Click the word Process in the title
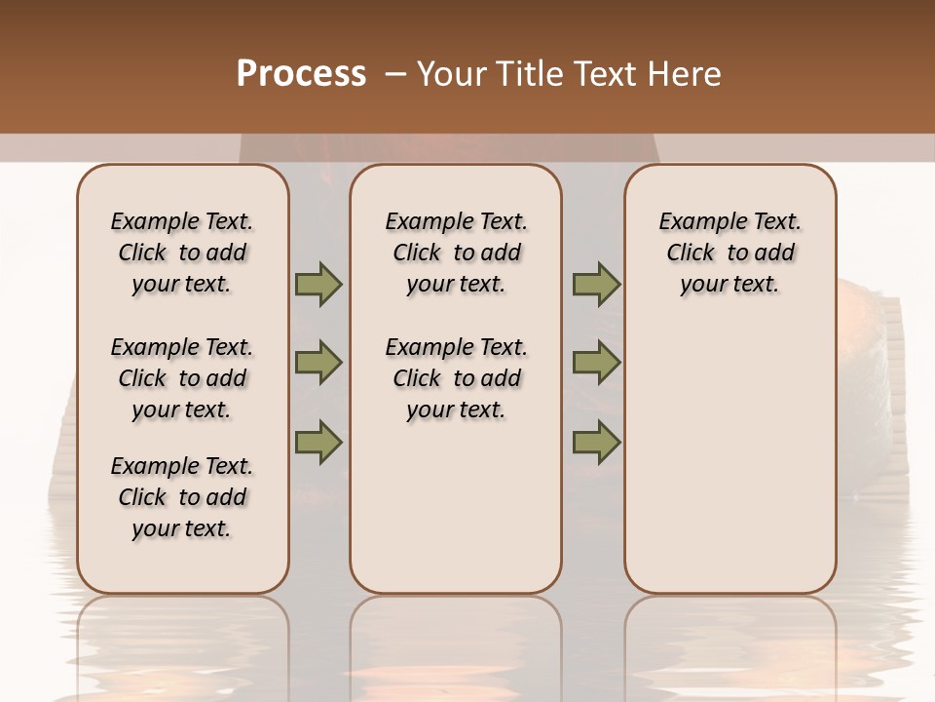pos(301,74)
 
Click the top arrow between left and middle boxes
pos(318,285)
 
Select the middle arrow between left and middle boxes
pos(318,363)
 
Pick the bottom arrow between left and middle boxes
pos(318,443)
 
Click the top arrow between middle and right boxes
pos(596,285)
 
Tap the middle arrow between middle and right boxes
pos(596,363)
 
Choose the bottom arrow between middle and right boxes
pos(596,443)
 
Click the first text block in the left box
pos(182,253)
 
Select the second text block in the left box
pos(182,378)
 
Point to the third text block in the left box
pos(182,497)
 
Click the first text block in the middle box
pos(457,253)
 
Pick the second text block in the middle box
pos(457,378)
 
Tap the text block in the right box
pos(730,253)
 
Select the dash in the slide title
pos(394,74)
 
